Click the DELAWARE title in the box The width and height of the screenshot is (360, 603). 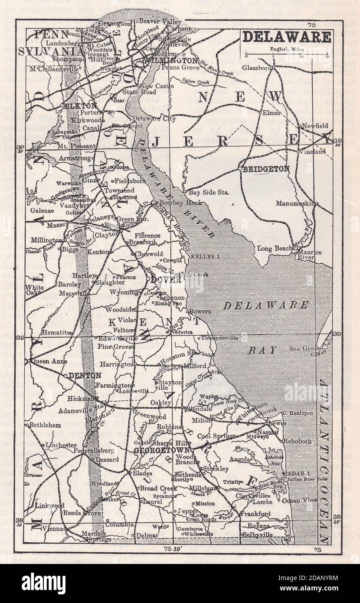point(287,37)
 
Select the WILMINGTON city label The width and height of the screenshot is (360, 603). point(172,61)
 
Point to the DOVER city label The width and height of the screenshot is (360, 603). point(166,280)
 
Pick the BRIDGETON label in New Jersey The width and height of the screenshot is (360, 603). point(265,169)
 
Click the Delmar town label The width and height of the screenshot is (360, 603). point(147,536)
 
